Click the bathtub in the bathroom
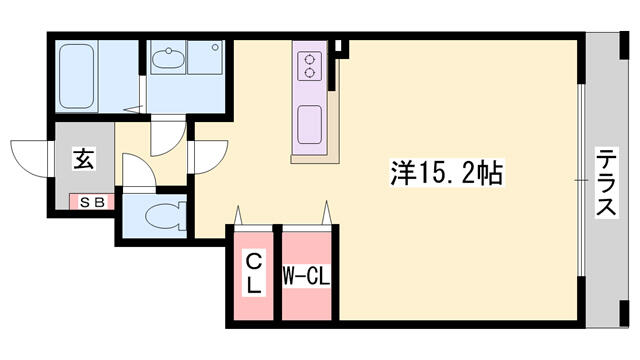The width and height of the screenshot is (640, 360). point(76,76)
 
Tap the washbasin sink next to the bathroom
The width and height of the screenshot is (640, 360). point(168,59)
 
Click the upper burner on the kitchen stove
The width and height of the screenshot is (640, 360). point(310,60)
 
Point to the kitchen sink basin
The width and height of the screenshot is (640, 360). point(309,124)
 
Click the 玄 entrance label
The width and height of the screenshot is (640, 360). point(84,159)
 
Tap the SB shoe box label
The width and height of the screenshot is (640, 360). point(92,202)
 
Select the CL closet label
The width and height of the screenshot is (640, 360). point(253,273)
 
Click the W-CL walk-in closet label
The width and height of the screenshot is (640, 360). point(306,278)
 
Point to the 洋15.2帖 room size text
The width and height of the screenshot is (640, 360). point(446,173)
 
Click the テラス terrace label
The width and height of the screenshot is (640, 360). point(606,182)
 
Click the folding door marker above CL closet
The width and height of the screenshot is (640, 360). point(238,216)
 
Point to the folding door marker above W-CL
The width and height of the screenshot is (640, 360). point(326,213)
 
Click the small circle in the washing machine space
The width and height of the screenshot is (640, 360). point(215,48)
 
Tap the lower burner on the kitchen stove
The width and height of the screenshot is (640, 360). point(310,73)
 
